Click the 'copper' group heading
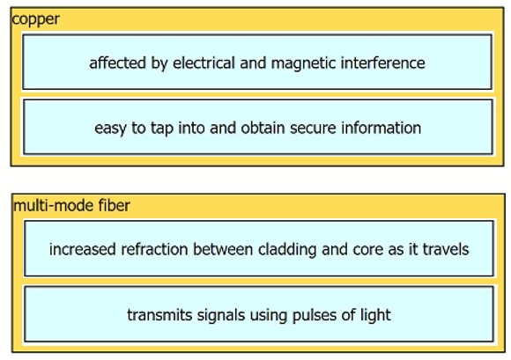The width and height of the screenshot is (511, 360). coord(36,19)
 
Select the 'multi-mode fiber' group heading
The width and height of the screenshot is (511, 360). coord(71,206)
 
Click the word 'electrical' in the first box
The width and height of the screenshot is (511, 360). coord(204,62)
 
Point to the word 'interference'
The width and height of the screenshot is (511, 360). coord(382,62)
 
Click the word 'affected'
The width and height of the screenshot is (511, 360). coord(117,62)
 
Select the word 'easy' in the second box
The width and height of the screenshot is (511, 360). coord(110,129)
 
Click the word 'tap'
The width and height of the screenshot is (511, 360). coord(161,129)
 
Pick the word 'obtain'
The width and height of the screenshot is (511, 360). coord(263,128)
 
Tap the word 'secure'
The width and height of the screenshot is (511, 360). coord(313,129)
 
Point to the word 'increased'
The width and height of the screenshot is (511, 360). coord(83,249)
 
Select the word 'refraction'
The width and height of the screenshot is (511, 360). coord(154,249)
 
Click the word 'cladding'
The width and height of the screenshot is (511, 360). coord(287,250)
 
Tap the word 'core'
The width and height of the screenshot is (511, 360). coord(368,250)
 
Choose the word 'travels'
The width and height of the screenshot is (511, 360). coord(446,249)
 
